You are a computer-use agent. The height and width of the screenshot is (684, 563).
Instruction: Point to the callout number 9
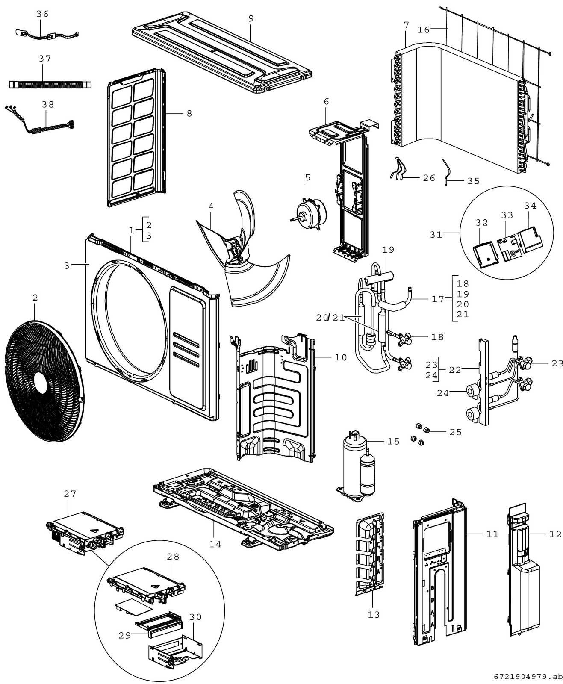251,18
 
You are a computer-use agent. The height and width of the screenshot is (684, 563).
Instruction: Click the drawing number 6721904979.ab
528,676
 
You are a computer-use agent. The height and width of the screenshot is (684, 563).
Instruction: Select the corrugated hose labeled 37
50,84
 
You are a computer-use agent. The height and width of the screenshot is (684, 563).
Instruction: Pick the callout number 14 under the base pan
215,544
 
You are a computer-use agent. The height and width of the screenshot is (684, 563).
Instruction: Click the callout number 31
436,234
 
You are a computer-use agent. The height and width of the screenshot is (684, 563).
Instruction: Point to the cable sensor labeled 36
47,34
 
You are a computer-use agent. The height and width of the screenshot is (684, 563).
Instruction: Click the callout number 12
555,534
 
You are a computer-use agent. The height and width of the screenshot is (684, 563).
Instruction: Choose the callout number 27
70,494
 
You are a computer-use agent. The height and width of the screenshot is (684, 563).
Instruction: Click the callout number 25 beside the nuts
456,432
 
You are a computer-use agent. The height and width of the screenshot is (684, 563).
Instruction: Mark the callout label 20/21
330,317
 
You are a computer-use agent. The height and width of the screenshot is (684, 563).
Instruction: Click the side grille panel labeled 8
135,137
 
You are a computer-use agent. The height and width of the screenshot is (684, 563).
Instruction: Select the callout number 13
374,614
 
